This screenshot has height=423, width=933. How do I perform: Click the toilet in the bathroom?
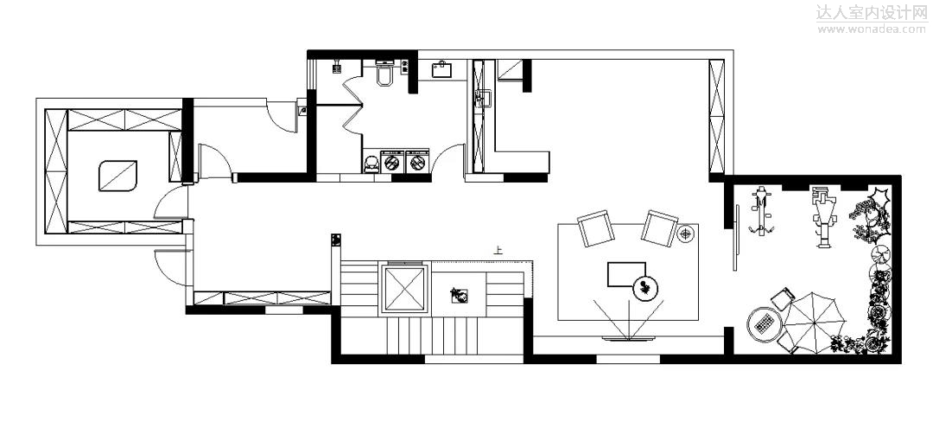coord(385,76)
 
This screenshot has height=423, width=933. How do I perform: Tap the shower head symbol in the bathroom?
coord(337,65)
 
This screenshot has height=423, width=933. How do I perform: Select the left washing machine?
coord(393,162)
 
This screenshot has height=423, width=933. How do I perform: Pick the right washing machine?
coord(417,162)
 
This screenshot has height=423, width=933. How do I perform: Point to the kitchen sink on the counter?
coord(482,99)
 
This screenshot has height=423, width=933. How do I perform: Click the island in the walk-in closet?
coord(117,176)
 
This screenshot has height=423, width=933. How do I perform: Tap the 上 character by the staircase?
coord(498,251)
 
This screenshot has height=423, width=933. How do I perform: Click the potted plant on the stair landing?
coord(459,295)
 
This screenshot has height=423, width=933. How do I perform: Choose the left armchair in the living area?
coord(596,230)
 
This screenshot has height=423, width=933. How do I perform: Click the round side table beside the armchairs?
coord(687,234)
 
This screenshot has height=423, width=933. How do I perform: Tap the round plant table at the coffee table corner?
coord(644,287)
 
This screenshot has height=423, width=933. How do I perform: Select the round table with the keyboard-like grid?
coord(764,324)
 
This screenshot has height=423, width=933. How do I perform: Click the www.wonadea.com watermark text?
coord(871,29)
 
